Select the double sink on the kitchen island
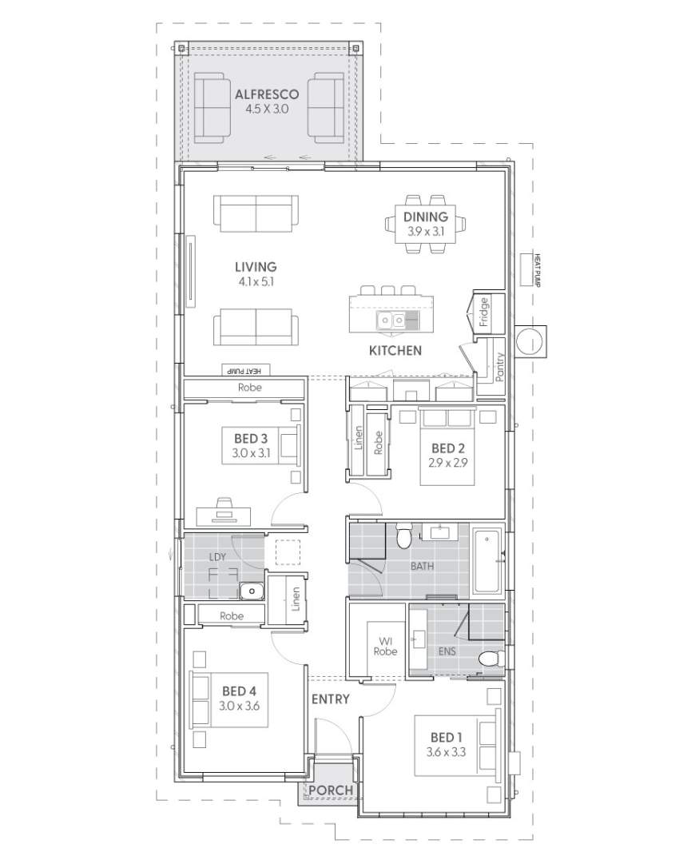click(x=391, y=321)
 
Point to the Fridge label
click(x=484, y=312)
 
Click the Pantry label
click(x=499, y=367)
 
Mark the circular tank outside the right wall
click(x=529, y=342)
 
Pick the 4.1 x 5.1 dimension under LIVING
click(x=256, y=281)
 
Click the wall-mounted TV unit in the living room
click(x=191, y=270)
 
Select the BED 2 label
click(x=447, y=448)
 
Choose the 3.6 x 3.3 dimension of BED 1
click(x=447, y=752)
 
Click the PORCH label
click(x=331, y=790)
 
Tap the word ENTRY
click(x=330, y=699)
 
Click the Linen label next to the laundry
click(x=296, y=599)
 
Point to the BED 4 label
click(x=238, y=691)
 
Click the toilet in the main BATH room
click(x=405, y=536)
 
